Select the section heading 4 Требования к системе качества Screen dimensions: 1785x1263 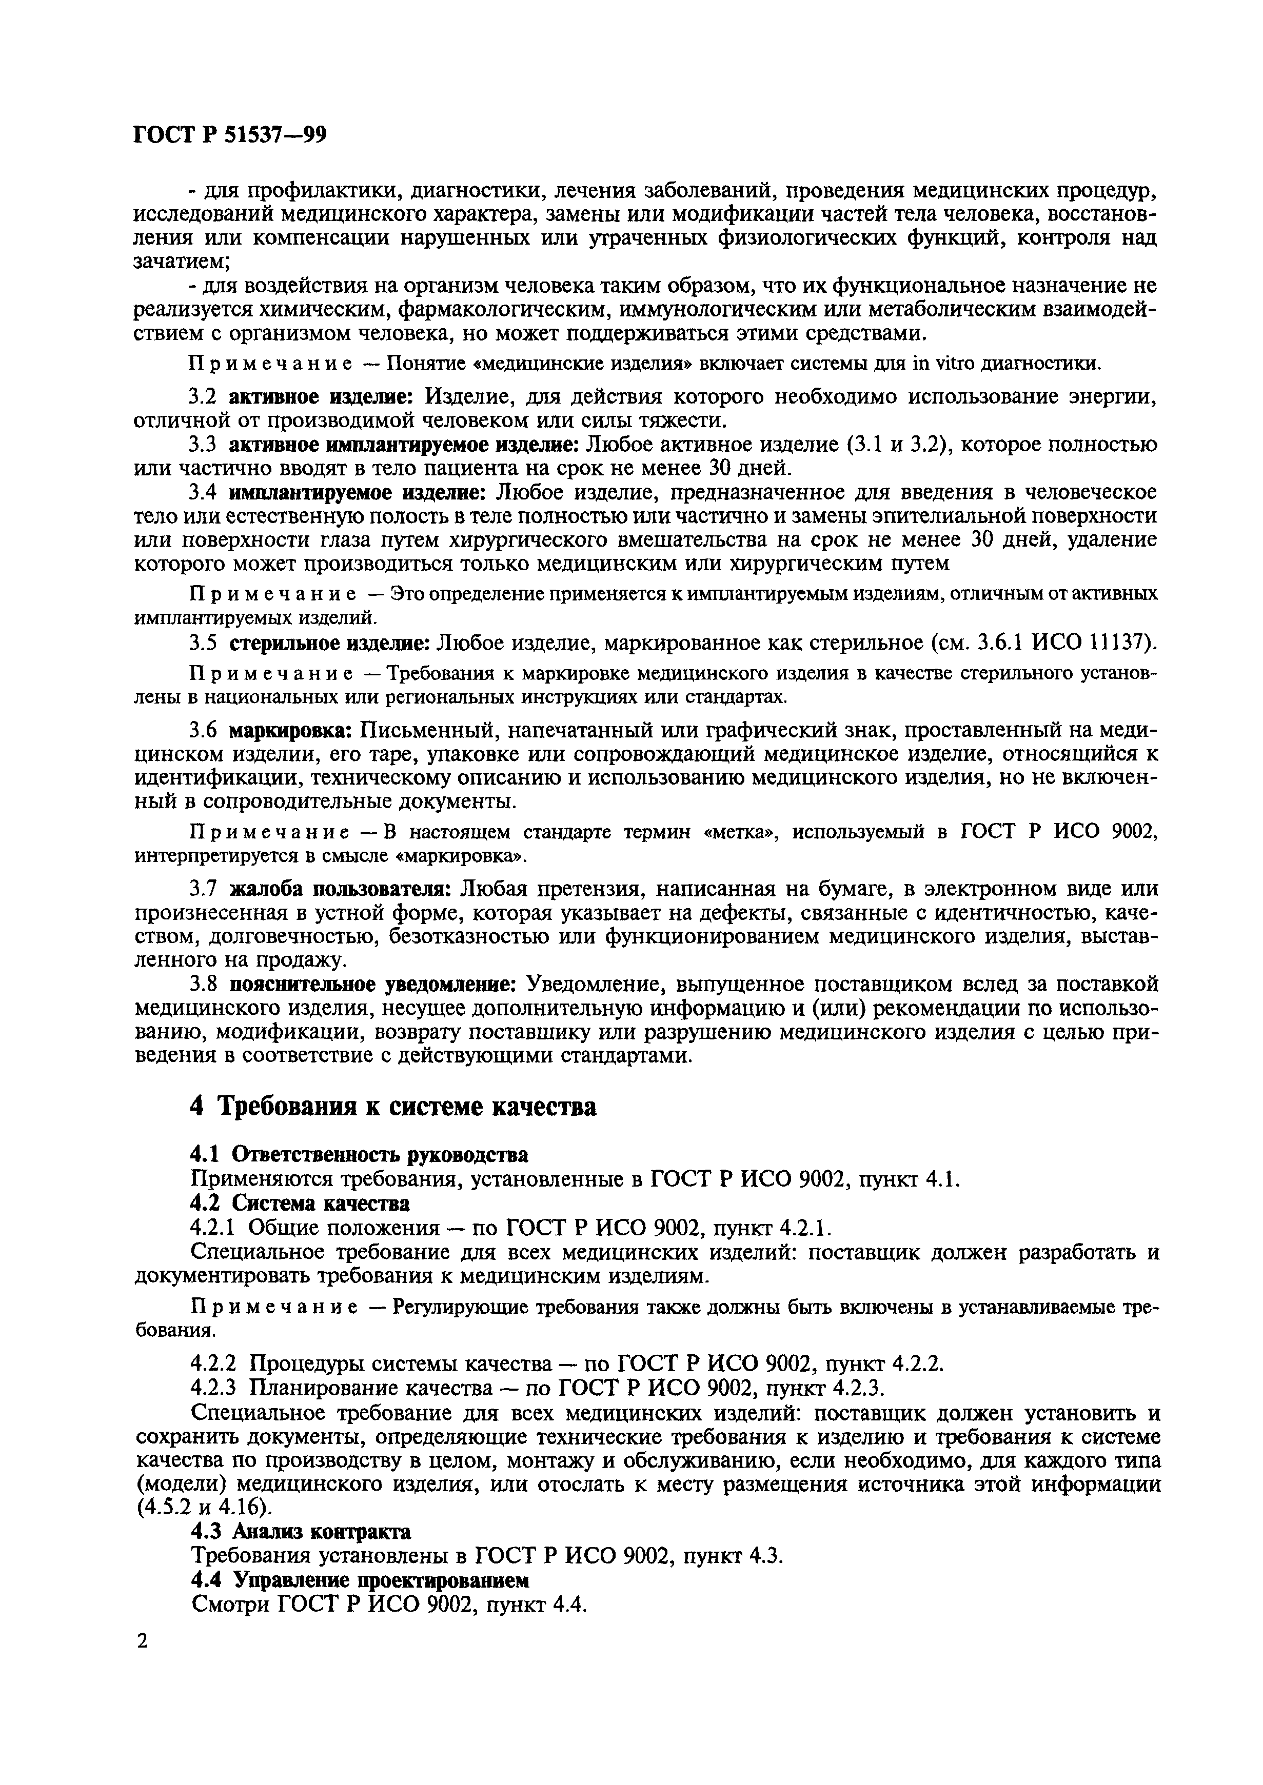(x=393, y=1106)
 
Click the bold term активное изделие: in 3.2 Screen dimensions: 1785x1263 (x=323, y=397)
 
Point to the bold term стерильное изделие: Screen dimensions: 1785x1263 (x=330, y=643)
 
